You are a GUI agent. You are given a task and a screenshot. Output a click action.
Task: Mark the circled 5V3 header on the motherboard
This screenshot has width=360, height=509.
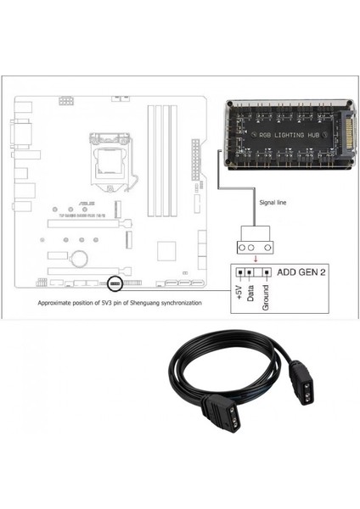[116, 282]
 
